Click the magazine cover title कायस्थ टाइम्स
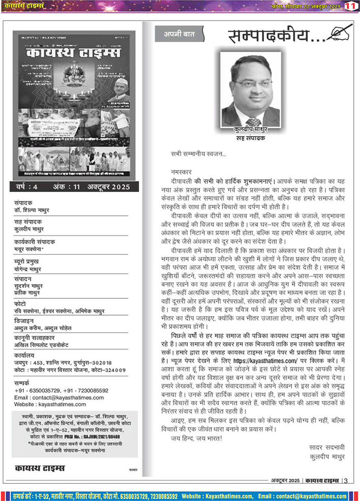coord(74,54)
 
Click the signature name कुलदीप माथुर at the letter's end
coord(326,456)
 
